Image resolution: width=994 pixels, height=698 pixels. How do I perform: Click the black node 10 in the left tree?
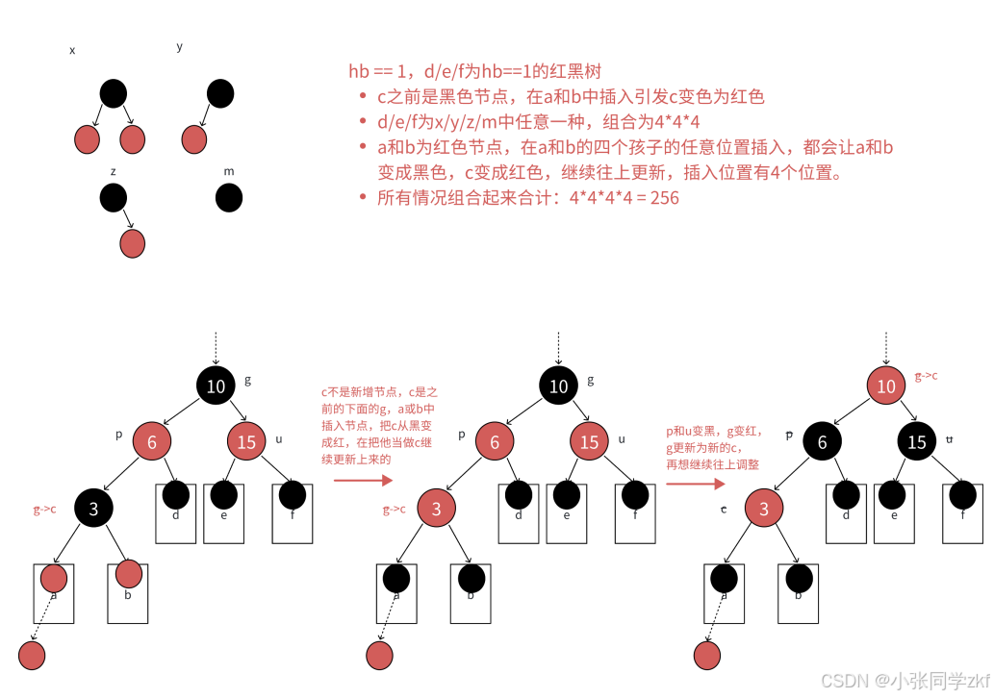(217, 386)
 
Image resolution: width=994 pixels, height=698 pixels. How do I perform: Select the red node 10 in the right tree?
(886, 386)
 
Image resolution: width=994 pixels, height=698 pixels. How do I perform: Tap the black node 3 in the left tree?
(93, 509)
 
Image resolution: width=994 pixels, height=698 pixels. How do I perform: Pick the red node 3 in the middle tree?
(437, 509)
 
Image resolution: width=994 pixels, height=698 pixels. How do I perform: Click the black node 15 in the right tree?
(917, 441)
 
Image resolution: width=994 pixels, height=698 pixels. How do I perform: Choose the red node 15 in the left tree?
(246, 441)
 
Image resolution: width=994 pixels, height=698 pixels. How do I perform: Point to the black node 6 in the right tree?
(822, 441)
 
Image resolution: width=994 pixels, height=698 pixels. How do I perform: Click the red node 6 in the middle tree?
(495, 441)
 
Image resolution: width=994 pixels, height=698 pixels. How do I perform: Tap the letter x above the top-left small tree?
(72, 50)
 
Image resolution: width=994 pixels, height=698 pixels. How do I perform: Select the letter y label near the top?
(180, 47)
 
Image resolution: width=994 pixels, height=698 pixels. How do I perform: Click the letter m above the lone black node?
(229, 172)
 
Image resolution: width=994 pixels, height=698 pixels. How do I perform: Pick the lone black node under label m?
(229, 198)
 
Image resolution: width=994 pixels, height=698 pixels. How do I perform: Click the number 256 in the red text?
(663, 198)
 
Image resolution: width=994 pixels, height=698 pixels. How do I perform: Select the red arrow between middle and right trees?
(688, 483)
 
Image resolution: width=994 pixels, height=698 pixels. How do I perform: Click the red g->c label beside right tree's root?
(926, 376)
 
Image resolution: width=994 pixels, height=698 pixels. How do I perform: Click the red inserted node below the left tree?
(32, 656)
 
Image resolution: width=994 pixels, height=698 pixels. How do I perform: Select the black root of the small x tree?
(113, 93)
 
